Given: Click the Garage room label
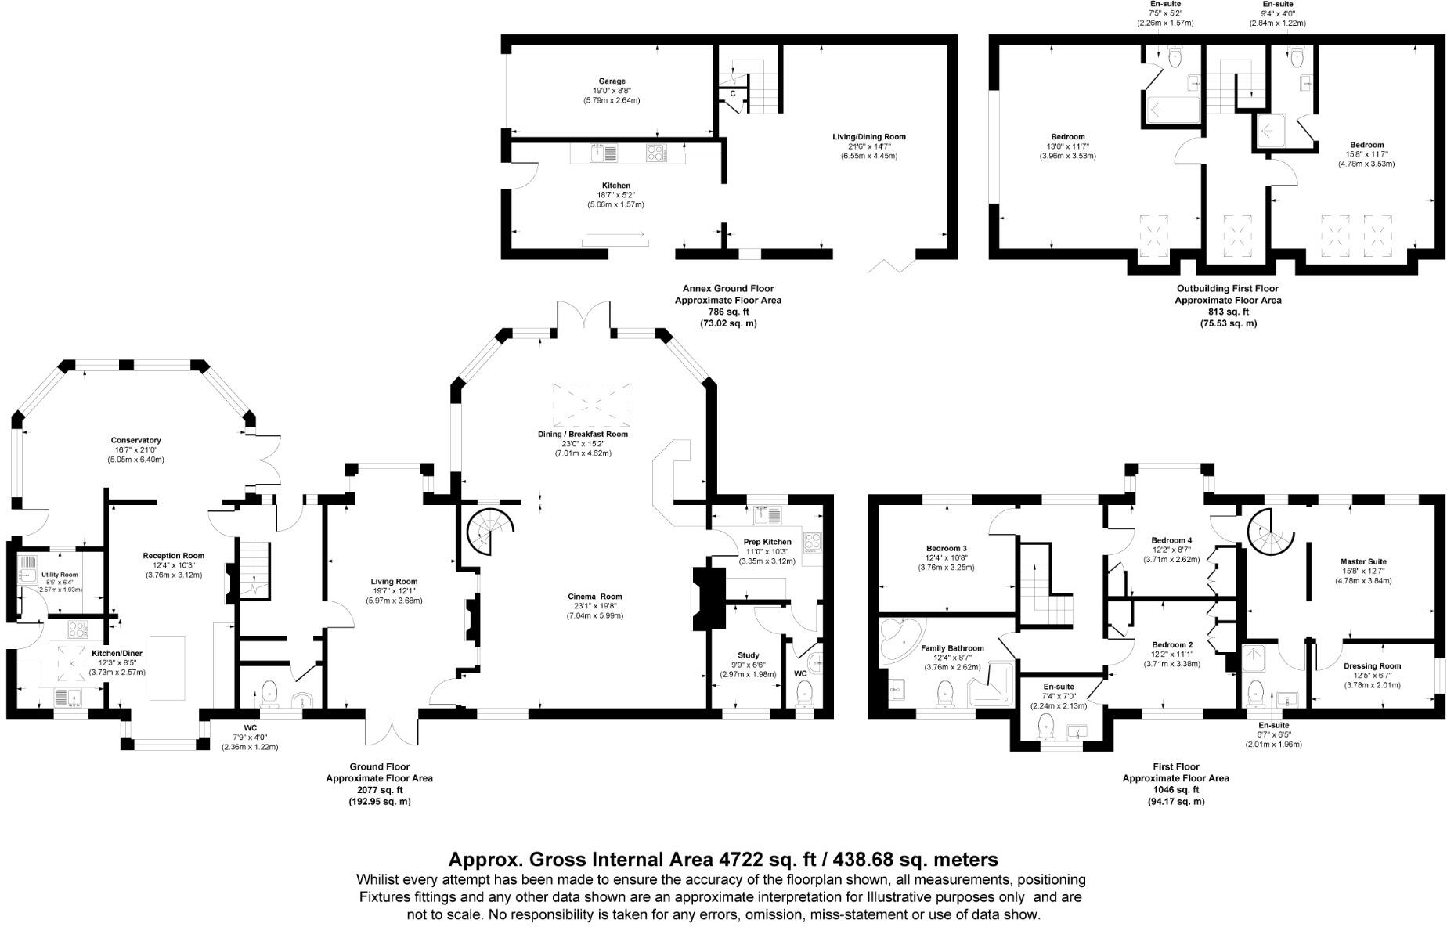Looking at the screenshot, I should [612, 81].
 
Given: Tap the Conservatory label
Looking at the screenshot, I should [135, 441].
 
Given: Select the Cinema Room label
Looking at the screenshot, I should [594, 597].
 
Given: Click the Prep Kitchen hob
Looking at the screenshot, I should [813, 540].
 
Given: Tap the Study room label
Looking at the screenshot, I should [748, 655].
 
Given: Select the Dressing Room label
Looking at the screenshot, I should [1372, 666].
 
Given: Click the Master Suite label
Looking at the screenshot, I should [1363, 561].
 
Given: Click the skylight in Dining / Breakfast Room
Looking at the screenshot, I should [591, 403].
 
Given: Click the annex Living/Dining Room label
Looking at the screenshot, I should [868, 137].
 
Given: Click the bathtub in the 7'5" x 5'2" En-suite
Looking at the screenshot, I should [1171, 110].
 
